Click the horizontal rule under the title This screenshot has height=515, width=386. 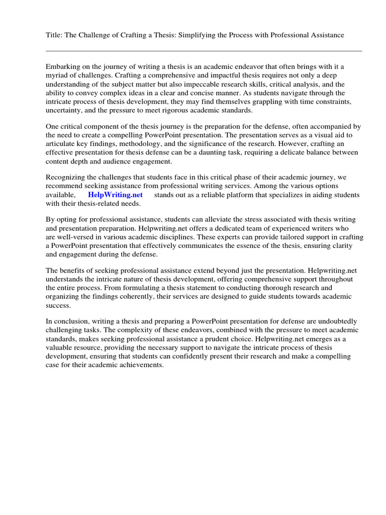tap(204, 51)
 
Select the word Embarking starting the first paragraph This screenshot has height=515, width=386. tap(63, 66)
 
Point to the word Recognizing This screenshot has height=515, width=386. tap(66, 177)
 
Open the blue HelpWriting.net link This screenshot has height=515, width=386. tap(115, 195)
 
